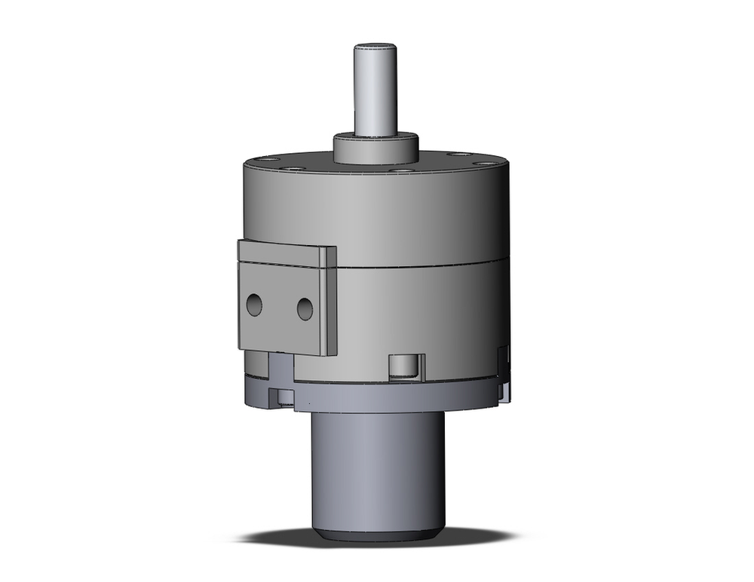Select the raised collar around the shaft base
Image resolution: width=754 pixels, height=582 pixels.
[375, 149]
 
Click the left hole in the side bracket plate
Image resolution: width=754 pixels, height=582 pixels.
[254, 305]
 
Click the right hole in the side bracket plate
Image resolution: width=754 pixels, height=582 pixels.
[305, 308]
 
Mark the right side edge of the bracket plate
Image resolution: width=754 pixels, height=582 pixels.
[329, 302]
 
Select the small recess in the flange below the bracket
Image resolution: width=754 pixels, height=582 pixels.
[285, 397]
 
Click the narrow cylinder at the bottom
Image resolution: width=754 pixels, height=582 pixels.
[377, 467]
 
